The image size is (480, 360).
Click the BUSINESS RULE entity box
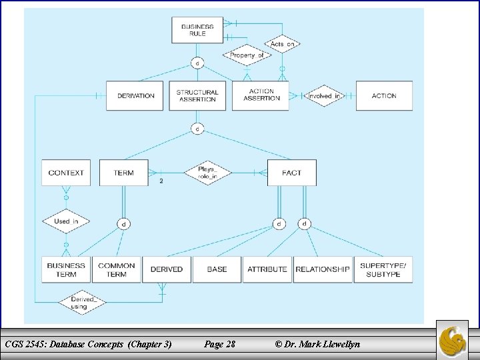[197, 30]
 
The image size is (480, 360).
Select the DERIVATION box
[136, 96]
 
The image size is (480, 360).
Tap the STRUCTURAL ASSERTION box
[197, 96]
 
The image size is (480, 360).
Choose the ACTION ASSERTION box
[261, 95]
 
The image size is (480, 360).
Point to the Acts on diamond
[282, 44]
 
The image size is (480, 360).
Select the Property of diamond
[246, 55]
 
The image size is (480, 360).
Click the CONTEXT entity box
[66, 173]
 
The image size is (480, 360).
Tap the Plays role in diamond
[207, 173]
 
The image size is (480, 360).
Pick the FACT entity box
[291, 173]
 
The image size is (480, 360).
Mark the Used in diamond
[66, 221]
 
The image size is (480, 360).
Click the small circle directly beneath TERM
[123, 225]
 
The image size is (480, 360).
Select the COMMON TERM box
[116, 269]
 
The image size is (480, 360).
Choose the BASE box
[217, 269]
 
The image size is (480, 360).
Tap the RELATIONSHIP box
[323, 269]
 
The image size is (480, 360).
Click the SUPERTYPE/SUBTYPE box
[383, 269]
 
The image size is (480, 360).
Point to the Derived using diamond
[83, 303]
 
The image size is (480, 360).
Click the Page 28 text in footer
[219, 344]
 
